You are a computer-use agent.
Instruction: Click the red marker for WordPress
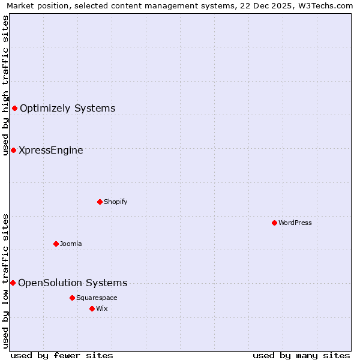(x=274, y=223)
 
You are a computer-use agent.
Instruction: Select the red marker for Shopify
(x=100, y=202)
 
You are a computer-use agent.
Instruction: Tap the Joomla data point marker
(x=56, y=244)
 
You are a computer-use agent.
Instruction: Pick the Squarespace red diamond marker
(x=72, y=298)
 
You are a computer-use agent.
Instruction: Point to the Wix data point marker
(x=92, y=308)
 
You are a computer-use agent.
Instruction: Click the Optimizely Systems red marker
(x=14, y=108)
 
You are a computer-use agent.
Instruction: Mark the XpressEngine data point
(x=13, y=150)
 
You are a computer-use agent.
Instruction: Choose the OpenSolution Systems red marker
(x=13, y=283)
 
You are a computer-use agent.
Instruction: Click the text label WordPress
(x=295, y=223)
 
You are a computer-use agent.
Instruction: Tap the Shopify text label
(x=115, y=202)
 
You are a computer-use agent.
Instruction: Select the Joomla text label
(x=71, y=244)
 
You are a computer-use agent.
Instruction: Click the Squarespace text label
(x=97, y=298)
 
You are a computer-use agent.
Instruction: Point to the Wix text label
(x=101, y=308)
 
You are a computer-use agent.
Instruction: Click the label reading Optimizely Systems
(x=67, y=108)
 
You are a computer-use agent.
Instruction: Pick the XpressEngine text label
(x=51, y=150)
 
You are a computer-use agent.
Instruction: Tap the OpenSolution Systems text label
(x=73, y=283)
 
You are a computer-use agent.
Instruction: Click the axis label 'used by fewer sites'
(x=62, y=355)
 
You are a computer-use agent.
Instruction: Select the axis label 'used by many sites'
(x=301, y=355)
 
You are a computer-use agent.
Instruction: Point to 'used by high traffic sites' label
(x=5, y=85)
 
